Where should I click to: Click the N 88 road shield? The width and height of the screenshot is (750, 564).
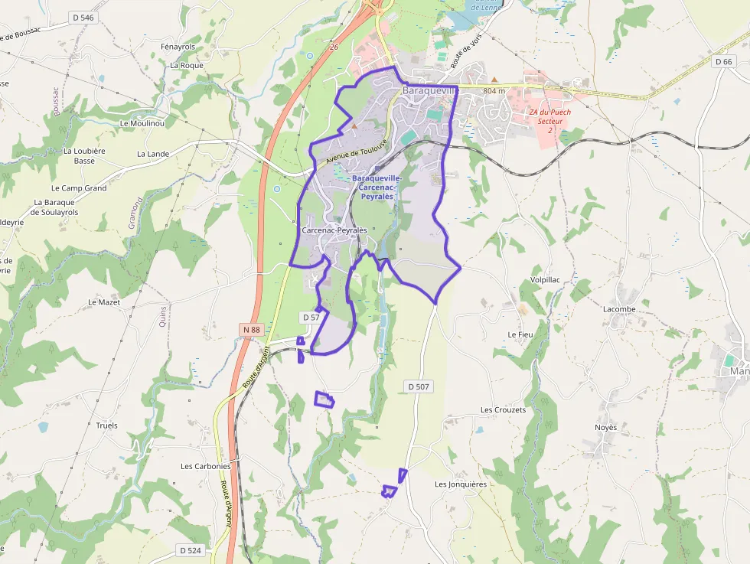(251, 330)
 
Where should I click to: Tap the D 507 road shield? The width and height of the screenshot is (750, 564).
(418, 387)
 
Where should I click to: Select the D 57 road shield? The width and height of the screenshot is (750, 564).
(311, 317)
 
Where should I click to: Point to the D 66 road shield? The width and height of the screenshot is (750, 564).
(723, 61)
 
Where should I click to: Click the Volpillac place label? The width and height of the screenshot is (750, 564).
(540, 280)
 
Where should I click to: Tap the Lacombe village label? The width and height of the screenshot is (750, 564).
(619, 309)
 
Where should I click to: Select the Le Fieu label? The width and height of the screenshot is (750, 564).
(520, 335)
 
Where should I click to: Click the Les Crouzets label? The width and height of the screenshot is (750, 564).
(503, 410)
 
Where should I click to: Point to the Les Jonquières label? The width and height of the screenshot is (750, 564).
(460, 484)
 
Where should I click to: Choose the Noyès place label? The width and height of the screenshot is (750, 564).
(605, 427)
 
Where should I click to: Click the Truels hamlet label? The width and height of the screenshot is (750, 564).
(107, 425)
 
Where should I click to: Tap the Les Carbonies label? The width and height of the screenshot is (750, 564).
(205, 466)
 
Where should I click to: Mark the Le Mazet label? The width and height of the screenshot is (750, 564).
(104, 302)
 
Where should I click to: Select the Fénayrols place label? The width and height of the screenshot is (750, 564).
(178, 47)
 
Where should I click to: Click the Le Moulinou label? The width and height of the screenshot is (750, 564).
(142, 122)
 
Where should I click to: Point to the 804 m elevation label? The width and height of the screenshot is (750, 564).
(495, 91)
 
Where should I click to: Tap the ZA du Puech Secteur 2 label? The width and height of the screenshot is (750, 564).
(549, 121)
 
